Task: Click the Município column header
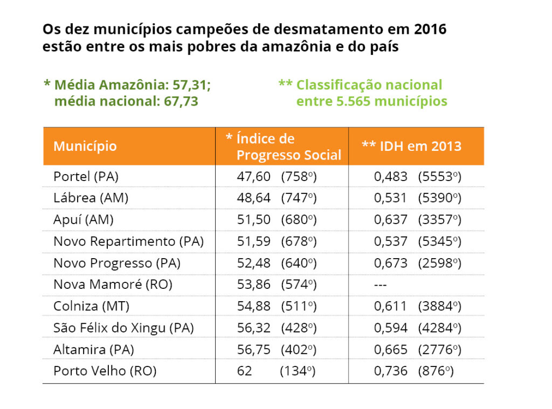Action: click(x=85, y=146)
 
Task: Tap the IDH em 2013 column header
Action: click(x=411, y=146)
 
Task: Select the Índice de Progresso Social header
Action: click(x=284, y=147)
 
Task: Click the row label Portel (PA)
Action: click(x=86, y=176)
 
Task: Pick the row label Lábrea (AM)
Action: click(x=91, y=198)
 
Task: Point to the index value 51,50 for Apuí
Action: click(x=254, y=219)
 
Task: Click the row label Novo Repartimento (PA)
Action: click(x=128, y=241)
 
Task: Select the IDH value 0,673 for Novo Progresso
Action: click(x=391, y=263)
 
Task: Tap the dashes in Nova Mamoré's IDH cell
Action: click(x=381, y=285)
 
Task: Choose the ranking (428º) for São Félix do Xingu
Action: click(x=299, y=328)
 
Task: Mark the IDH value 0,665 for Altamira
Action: click(x=391, y=349)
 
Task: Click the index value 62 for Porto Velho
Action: click(x=244, y=371)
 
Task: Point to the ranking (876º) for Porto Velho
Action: click(x=435, y=371)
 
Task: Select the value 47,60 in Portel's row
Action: click(x=254, y=176)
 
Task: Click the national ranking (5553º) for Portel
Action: click(x=440, y=176)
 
